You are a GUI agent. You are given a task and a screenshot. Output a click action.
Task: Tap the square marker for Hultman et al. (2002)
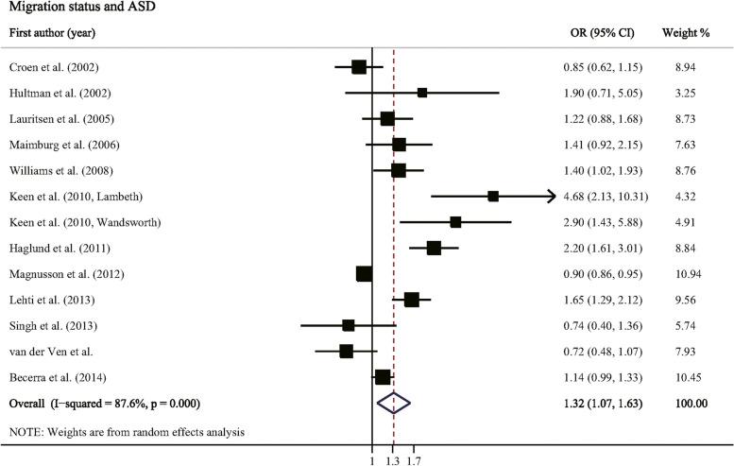(x=422, y=93)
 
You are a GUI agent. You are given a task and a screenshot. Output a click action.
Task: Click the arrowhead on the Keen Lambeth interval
(x=551, y=197)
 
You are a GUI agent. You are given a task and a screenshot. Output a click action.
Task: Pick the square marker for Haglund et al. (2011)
(x=434, y=249)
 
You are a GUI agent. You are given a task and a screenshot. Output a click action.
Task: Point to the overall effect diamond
(x=394, y=404)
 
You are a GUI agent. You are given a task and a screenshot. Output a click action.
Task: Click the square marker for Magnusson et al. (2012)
(x=364, y=274)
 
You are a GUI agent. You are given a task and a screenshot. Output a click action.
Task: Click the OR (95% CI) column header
(x=594, y=33)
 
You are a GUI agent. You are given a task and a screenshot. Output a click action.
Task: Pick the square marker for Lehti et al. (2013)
(x=411, y=300)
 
